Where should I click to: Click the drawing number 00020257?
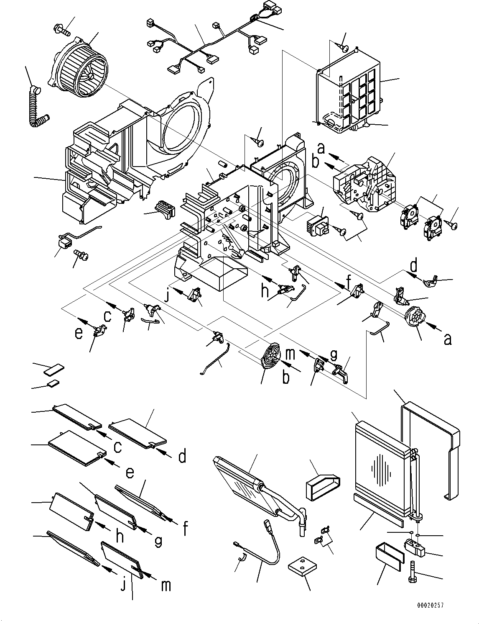coord(430,605)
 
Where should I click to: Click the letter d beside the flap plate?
coord(182,457)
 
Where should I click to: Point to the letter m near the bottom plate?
coord(166,585)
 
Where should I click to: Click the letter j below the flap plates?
coord(122,585)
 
